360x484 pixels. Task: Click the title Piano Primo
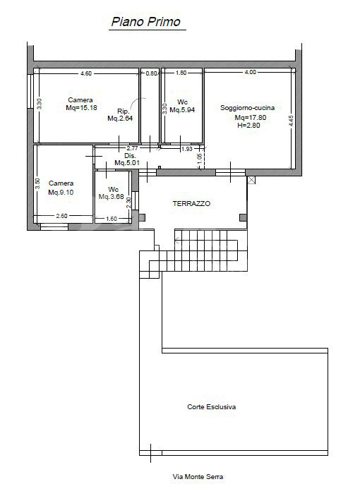click(145, 22)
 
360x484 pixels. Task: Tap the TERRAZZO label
click(191, 203)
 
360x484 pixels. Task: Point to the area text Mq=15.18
click(81, 109)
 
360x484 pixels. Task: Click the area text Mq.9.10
click(61, 193)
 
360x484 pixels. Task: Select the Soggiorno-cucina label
click(247, 108)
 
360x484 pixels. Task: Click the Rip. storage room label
click(122, 111)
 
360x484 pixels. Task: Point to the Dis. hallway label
click(130, 156)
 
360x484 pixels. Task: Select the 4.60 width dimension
click(86, 73)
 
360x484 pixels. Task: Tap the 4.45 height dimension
click(290, 120)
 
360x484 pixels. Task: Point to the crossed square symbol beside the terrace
click(252, 180)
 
